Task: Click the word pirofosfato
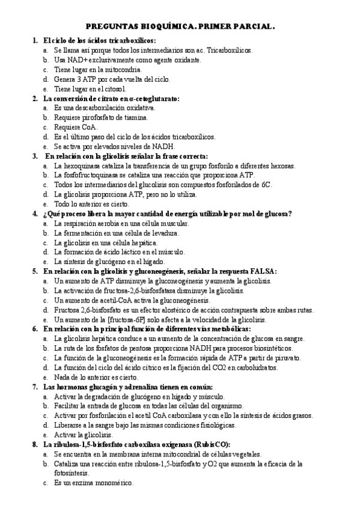click(x=103, y=117)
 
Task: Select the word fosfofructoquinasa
click(x=92, y=175)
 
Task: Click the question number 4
click(x=35, y=214)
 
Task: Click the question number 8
click(x=35, y=444)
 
